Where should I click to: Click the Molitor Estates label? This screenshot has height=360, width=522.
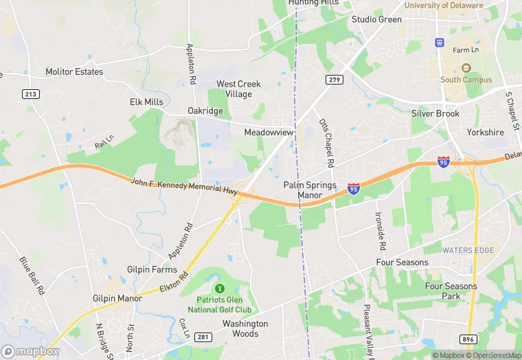(74, 71)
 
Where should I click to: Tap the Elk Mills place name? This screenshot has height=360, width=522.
(146, 102)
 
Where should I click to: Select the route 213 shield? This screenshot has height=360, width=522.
(30, 94)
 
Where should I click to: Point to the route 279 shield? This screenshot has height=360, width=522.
(334, 80)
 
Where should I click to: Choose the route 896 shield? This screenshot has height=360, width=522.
(470, 339)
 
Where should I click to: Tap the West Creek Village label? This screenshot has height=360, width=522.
(239, 89)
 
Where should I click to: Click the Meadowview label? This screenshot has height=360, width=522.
(269, 132)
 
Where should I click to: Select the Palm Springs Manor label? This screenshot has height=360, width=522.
(310, 190)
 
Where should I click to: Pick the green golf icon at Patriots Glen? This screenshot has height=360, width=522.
(220, 288)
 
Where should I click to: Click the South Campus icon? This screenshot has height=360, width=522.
(466, 68)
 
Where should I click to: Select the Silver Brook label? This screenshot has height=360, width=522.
(435, 113)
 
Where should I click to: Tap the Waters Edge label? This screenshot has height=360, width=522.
(468, 250)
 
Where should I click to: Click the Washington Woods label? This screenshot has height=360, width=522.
(245, 328)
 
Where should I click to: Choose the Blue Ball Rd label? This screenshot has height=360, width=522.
(32, 275)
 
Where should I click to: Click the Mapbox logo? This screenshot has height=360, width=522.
(30, 351)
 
